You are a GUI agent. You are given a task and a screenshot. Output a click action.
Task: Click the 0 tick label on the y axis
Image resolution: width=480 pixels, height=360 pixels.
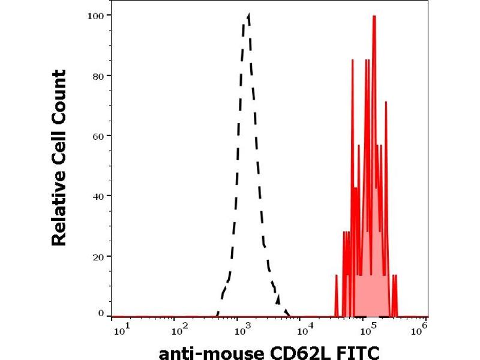pyautogui.click(x=101, y=313)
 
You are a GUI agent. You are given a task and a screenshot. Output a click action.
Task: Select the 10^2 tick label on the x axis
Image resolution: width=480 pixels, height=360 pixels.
pyautogui.click(x=179, y=329)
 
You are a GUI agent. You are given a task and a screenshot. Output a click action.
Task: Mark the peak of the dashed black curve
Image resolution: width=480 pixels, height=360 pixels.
pyautogui.click(x=248, y=14)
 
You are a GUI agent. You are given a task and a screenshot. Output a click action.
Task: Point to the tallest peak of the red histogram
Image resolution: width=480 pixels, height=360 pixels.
pyautogui.click(x=374, y=16)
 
